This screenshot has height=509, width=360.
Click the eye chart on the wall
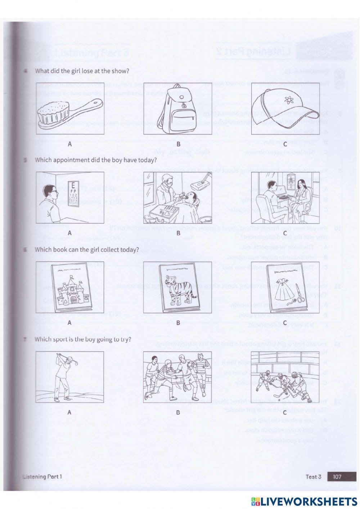coord(73,195)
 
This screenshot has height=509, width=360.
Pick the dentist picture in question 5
coord(177,198)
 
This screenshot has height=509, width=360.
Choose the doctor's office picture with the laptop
coord(284,198)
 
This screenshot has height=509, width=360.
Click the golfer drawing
coord(70,377)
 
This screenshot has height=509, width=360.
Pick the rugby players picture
coord(177,377)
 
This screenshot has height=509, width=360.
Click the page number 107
coord(337,477)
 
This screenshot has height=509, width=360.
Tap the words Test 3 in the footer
coord(313,477)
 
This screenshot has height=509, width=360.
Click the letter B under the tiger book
coord(178,323)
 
